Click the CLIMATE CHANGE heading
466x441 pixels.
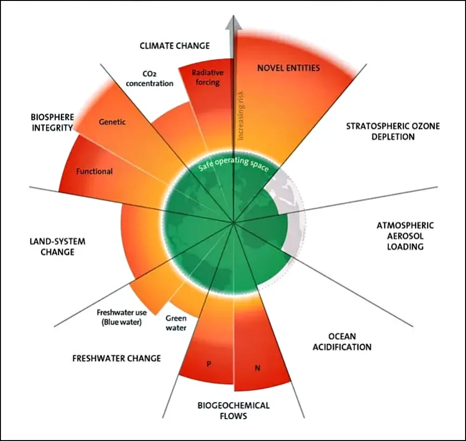175,46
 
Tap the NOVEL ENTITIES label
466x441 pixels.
289,68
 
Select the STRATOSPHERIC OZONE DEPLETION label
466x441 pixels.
393,131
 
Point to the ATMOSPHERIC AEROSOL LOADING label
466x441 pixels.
405,236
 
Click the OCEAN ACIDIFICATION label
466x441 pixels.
342,342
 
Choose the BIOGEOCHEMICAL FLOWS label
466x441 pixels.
233,410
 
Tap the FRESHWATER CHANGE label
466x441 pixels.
116,358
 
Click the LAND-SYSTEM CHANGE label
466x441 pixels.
58,246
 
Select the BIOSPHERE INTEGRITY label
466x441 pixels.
52,122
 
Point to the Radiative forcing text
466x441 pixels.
207,77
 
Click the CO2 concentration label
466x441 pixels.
149,79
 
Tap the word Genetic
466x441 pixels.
112,122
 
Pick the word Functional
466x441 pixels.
94,171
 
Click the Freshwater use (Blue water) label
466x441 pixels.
122,317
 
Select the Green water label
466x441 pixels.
176,323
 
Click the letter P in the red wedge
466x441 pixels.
209,364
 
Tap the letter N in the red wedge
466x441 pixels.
258,368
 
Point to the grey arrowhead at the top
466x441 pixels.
233,23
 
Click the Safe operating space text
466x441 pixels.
233,164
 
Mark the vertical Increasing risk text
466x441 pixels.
240,115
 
